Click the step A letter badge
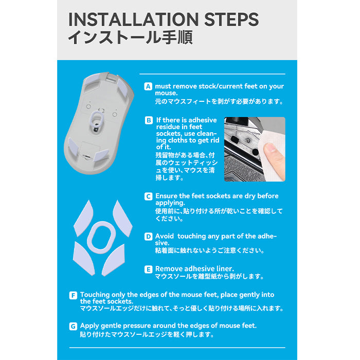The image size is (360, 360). pyautogui.click(x=148, y=86)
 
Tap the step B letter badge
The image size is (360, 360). pyautogui.click(x=149, y=120)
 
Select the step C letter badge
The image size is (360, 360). pyautogui.click(x=148, y=196)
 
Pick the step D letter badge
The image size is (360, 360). pyautogui.click(x=148, y=237)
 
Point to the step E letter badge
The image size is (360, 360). pyautogui.click(x=148, y=269)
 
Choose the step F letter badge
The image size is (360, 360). pyautogui.click(x=73, y=295)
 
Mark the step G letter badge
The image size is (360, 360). pyautogui.click(x=73, y=326)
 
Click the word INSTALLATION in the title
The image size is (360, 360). pyautogui.click(x=133, y=20)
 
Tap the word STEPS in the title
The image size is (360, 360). pyautogui.click(x=231, y=20)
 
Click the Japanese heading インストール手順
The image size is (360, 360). pyautogui.click(x=130, y=38)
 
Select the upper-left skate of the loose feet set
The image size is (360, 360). pyautogui.click(x=83, y=218)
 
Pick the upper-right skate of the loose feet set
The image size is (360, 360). pyautogui.click(x=122, y=219)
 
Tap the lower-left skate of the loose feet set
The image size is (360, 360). pyautogui.click(x=84, y=259)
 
